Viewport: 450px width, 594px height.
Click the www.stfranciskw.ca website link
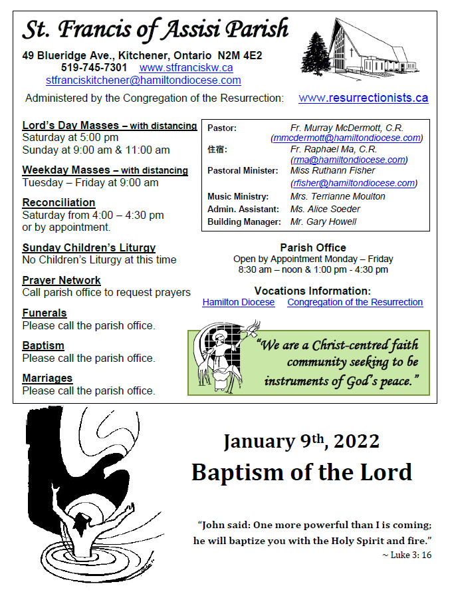tap(186, 68)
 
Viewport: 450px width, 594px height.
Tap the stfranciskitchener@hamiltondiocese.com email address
tap(143, 80)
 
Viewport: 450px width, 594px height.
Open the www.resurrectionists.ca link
tap(363, 98)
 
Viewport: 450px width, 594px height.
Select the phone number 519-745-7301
tap(94, 68)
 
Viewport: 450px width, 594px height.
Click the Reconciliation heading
tap(58, 202)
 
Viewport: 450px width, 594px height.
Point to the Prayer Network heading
tap(61, 280)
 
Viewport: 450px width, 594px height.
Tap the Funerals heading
tap(45, 313)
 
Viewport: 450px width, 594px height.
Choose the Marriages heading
tap(47, 378)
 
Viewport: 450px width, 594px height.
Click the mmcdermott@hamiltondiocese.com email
tap(347, 138)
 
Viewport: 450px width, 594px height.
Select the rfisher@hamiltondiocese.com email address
tap(354, 183)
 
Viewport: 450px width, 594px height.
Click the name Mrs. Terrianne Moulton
tap(338, 196)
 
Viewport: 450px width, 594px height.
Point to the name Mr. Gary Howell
tap(323, 222)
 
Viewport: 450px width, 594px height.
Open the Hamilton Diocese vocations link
tap(238, 302)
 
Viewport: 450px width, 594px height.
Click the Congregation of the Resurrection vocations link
tap(355, 302)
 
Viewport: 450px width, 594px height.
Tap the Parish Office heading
tap(312, 247)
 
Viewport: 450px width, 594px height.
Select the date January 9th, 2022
tap(301, 441)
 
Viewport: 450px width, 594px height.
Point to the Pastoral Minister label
tap(241, 171)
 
